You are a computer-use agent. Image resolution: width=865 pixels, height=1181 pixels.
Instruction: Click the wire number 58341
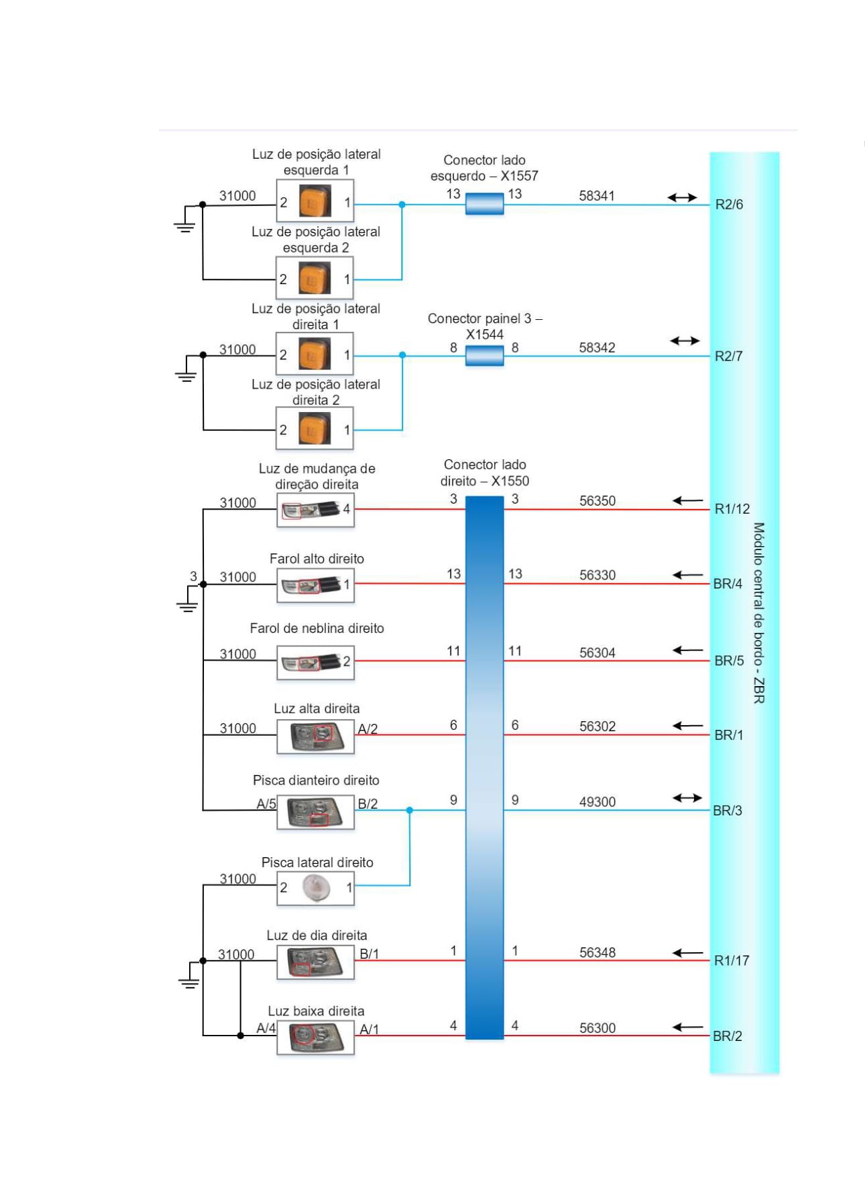pos(596,196)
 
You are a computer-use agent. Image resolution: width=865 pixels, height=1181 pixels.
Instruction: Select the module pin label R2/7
pos(728,356)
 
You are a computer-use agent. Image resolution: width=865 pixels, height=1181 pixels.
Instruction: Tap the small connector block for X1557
pos(485,203)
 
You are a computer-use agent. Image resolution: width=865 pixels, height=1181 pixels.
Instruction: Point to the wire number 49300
pos(597,802)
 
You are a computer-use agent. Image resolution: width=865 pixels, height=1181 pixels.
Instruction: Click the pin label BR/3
pos(727,811)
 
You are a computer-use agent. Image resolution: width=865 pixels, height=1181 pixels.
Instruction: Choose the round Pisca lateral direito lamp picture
pos(315,887)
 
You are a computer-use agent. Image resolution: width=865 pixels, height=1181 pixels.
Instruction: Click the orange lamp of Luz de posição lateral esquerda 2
pos(314,279)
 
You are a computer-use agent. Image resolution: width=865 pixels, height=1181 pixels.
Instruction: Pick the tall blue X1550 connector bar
pos(485,768)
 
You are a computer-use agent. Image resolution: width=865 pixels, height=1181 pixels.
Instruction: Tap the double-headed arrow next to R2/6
pos(682,197)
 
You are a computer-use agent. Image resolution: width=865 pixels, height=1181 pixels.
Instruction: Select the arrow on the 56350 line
pos(687,500)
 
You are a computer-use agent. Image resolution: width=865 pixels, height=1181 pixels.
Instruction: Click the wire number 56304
pos(597,653)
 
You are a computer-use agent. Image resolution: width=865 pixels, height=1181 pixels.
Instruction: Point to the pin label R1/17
pos(731,961)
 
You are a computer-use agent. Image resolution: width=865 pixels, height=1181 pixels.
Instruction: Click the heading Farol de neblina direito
pos(316,628)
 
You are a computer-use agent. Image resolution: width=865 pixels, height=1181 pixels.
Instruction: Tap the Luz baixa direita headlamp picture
pos(315,1036)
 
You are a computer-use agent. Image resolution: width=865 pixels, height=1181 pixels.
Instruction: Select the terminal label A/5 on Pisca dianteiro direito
pos(266,804)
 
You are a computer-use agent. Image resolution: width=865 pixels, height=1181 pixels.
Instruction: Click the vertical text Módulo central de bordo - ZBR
pos(759,613)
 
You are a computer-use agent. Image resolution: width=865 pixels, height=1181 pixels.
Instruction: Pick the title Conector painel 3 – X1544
pos(485,326)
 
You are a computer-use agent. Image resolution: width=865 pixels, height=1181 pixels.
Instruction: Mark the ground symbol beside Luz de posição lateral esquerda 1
pos(184,224)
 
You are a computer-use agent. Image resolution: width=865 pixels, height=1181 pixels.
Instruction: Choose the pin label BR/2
pos(727,1036)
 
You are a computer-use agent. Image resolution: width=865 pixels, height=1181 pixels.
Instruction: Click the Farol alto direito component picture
pos(315,585)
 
